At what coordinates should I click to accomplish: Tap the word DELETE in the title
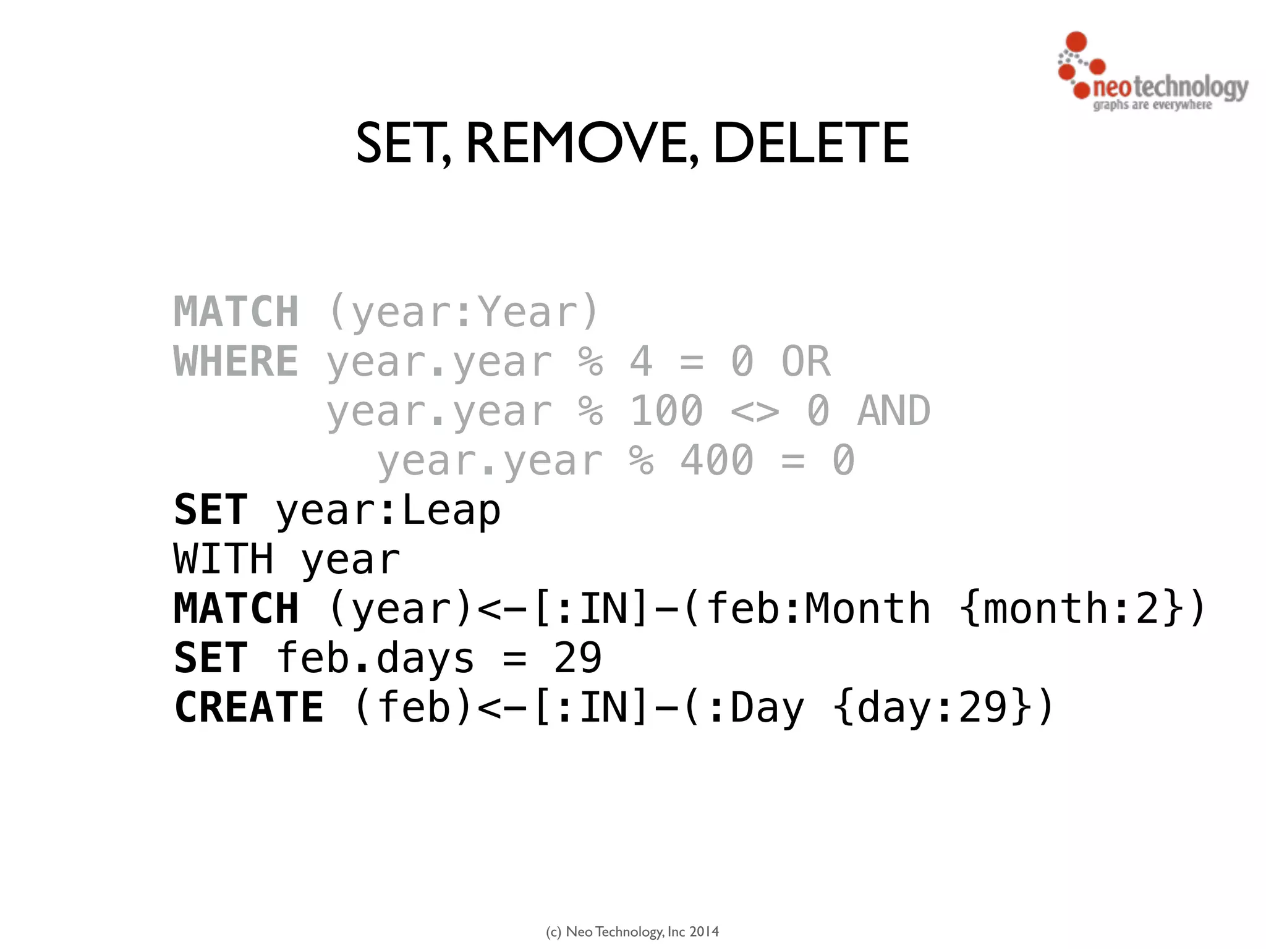[x=811, y=143]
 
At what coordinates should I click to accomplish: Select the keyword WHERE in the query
[x=236, y=361]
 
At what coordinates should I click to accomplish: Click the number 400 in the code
[x=717, y=460]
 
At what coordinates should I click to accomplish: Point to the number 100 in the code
[x=666, y=411]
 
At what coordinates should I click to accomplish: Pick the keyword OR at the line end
[x=806, y=361]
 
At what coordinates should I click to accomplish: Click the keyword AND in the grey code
[x=894, y=411]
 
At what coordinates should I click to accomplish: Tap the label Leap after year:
[x=451, y=510]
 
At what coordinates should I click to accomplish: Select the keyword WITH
[x=223, y=560]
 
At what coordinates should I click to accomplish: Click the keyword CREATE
[x=249, y=707]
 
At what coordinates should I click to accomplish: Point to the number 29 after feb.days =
[x=577, y=658]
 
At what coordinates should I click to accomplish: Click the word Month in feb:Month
[x=867, y=609]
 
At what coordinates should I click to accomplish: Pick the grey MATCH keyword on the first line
[x=236, y=312]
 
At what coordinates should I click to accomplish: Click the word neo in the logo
[x=1111, y=87]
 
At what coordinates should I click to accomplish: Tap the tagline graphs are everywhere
[x=1152, y=105]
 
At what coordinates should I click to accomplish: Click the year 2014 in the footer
[x=704, y=932]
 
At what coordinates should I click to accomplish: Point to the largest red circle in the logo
[x=1077, y=41]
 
